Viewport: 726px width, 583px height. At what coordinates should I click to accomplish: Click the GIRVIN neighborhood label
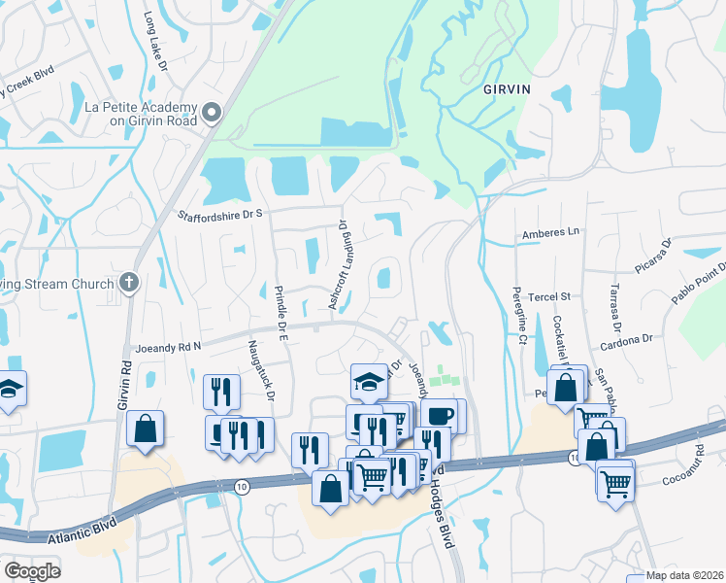(508, 88)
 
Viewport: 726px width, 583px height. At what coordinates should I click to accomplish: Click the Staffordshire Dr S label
(219, 214)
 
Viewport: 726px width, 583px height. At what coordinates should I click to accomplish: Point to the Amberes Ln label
(549, 233)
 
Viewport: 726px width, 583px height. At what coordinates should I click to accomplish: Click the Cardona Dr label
(625, 341)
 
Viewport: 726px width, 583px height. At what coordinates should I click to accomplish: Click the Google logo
(31, 570)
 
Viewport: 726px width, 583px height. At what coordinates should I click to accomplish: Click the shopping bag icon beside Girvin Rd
(146, 429)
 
